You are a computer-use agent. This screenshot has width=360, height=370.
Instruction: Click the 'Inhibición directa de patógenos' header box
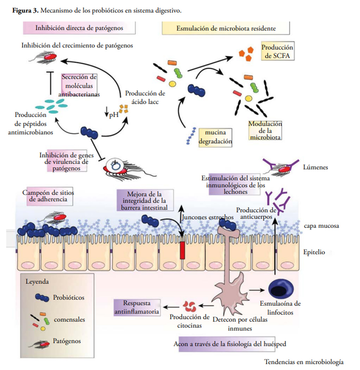[79, 28]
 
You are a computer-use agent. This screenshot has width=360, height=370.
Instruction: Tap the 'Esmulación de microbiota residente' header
[226, 28]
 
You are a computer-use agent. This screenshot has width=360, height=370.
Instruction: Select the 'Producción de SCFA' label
[277, 52]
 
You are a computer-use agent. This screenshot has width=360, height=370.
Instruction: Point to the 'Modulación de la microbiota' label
[265, 130]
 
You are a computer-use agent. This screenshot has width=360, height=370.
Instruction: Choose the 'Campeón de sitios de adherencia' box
[49, 196]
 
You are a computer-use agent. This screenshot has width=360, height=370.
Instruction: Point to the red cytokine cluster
[189, 306]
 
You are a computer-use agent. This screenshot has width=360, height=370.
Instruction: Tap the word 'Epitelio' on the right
[314, 252]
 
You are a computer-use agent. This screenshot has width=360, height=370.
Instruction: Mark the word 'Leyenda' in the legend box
[37, 281]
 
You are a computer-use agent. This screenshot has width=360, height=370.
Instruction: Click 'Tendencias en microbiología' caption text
[304, 362]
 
